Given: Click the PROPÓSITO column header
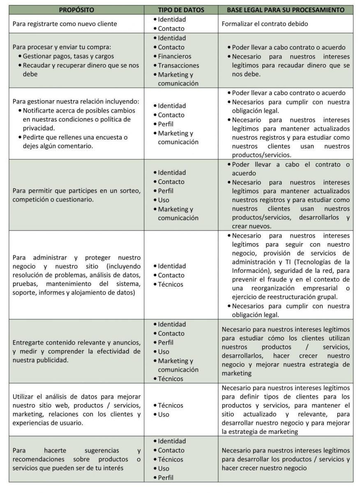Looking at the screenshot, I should [x=76, y=9].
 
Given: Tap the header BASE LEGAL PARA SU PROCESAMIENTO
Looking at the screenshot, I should [x=285, y=9].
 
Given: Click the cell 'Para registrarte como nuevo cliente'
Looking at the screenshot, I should [x=65, y=24].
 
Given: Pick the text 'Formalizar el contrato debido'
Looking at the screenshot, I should [x=265, y=24].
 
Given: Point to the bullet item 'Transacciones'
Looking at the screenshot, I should [x=178, y=65].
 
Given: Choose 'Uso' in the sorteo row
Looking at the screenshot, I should [x=164, y=200].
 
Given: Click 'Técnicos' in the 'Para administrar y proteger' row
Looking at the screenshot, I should [x=171, y=284].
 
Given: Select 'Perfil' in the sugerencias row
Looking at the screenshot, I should [x=166, y=477].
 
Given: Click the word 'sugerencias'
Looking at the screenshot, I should [x=96, y=450].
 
